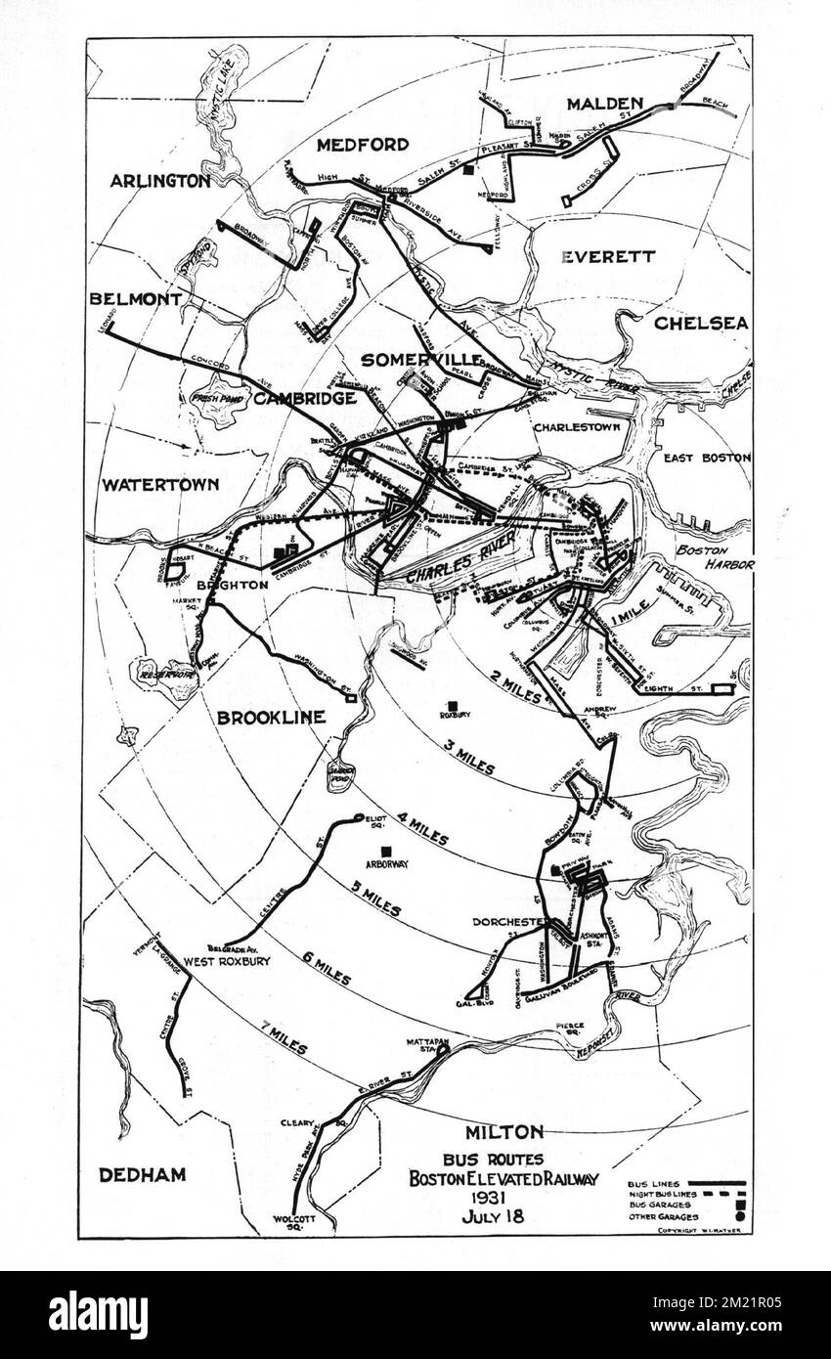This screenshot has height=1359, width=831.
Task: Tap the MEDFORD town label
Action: [363, 145]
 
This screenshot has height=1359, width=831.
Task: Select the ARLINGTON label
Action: [159, 181]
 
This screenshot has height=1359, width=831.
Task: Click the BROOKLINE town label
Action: [271, 717]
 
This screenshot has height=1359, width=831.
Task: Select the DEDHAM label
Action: [142, 1175]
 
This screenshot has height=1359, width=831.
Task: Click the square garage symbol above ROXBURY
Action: [453, 705]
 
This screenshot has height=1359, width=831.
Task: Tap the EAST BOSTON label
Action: [707, 458]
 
